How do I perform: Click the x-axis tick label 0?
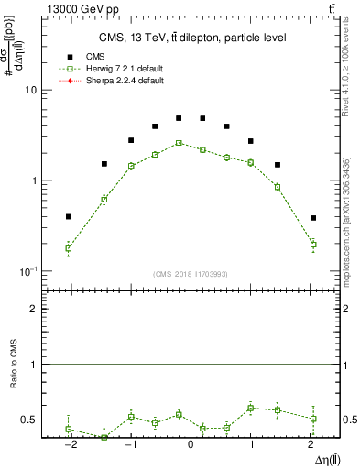click(191, 446)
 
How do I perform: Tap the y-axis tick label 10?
click(29, 91)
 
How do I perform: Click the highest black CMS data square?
click(180, 118)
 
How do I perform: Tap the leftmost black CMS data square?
click(69, 217)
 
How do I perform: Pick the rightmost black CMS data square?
click(313, 218)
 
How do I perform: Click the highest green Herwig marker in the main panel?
click(180, 143)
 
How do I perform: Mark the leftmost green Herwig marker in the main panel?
click(69, 248)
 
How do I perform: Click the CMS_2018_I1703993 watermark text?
click(190, 273)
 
